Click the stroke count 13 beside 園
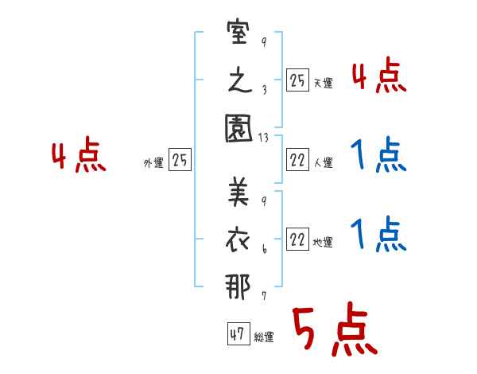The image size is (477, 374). click(264, 138)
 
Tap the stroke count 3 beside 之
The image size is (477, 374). click(263, 90)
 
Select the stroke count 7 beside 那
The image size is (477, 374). click(263, 296)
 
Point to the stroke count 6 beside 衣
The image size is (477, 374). click(263, 249)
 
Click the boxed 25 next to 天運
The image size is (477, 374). click(297, 80)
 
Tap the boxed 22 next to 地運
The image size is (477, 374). click(297, 240)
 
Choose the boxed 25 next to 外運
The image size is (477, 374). click(180, 160)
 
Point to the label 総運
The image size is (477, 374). click(264, 337)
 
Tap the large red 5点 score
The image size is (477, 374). click(333, 330)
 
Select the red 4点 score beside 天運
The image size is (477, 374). click(378, 77)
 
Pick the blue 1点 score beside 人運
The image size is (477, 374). click(378, 157)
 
